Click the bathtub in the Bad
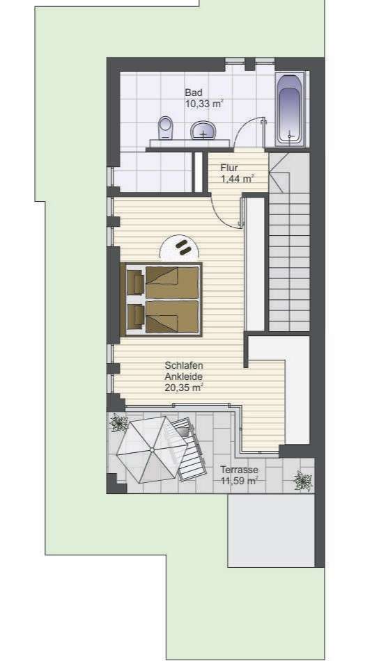[290, 110]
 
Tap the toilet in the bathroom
[165, 128]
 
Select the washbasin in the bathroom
[203, 130]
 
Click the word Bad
[193, 93]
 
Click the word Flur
[229, 168]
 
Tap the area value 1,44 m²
[238, 179]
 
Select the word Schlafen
[183, 365]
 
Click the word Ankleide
[183, 376]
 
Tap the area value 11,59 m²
[239, 480]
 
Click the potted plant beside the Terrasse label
[302, 479]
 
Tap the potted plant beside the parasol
[118, 424]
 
